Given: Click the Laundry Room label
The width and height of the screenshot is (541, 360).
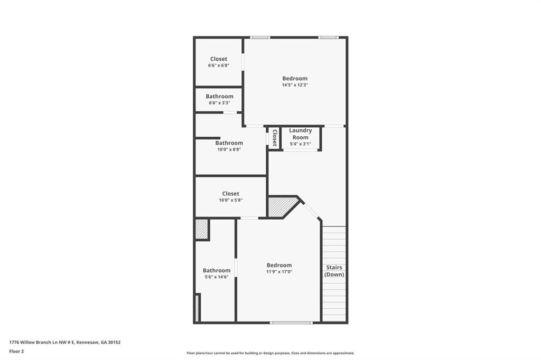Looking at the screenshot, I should pyautogui.click(x=301, y=134).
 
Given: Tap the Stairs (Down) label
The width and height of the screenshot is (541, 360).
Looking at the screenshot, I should pyautogui.click(x=334, y=271).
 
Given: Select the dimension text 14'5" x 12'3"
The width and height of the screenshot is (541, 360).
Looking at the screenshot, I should pyautogui.click(x=295, y=85).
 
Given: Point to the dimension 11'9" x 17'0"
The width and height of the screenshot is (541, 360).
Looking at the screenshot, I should pyautogui.click(x=279, y=272).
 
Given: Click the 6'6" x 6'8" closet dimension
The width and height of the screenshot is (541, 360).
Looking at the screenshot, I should pyautogui.click(x=219, y=65).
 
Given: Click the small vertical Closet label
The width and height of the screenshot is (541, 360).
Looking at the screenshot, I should pyautogui.click(x=274, y=138).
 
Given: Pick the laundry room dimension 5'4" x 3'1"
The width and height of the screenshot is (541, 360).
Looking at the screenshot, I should pyautogui.click(x=301, y=144).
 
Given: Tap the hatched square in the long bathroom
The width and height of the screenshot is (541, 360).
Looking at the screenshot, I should pyautogui.click(x=201, y=229).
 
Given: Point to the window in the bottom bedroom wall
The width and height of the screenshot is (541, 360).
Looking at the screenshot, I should pyautogui.click(x=291, y=322).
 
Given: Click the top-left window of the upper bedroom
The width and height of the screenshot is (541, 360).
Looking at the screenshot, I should pyautogui.click(x=260, y=37).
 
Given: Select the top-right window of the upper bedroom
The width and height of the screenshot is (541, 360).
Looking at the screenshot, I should pyautogui.click(x=328, y=37).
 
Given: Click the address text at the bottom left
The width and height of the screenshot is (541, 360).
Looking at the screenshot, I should pyautogui.click(x=65, y=342).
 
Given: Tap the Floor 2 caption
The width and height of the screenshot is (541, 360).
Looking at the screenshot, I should pyautogui.click(x=16, y=351).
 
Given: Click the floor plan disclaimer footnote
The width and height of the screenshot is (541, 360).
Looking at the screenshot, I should pyautogui.click(x=270, y=353).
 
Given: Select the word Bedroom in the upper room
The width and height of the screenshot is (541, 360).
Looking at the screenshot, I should pyautogui.click(x=295, y=79).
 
